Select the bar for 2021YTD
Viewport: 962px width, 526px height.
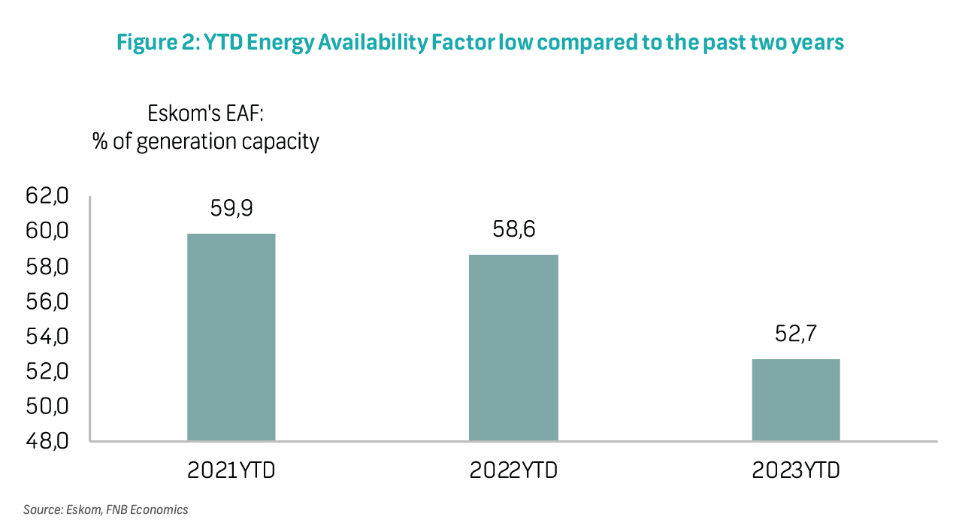coord(231,337)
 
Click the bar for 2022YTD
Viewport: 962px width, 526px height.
coord(513,348)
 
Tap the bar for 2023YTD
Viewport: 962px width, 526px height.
coord(796,400)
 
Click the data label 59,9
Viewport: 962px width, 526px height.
coord(231,208)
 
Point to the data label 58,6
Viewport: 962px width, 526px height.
coord(513,229)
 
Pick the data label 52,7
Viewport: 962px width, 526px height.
coord(796,334)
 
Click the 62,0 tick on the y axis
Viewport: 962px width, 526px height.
coord(47,196)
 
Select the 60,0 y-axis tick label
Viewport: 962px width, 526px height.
coord(47,231)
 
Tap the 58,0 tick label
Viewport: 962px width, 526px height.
coord(47,267)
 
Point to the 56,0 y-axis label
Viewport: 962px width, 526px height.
coord(47,302)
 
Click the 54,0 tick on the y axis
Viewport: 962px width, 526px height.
coord(47,337)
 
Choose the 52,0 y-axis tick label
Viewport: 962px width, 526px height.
coord(47,371)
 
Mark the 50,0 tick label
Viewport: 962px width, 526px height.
coord(47,407)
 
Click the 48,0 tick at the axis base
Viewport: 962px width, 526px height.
coord(47,441)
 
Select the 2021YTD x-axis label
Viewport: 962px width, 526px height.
coord(231,470)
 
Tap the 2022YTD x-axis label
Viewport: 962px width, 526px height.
coord(513,470)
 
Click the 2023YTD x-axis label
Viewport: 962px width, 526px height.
coord(796,470)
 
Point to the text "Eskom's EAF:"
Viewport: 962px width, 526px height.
coord(205,113)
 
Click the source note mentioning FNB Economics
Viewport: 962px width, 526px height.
coord(106,509)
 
